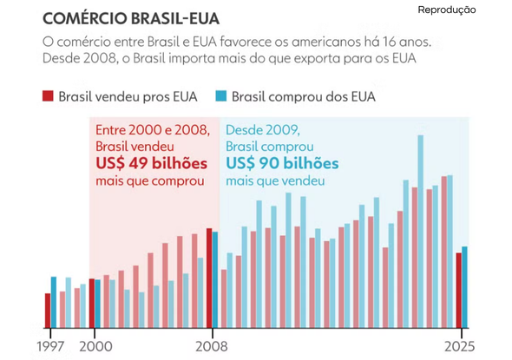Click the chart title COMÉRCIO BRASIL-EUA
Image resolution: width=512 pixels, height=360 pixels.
point(131,18)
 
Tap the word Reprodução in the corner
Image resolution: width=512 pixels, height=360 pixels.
point(447,10)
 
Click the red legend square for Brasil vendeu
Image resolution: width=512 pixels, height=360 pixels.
point(48,96)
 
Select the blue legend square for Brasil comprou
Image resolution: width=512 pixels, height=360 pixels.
point(221,96)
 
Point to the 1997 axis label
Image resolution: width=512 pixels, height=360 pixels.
point(50,347)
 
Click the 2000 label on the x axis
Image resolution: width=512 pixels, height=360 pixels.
point(95,347)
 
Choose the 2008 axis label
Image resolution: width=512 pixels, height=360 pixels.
point(211,347)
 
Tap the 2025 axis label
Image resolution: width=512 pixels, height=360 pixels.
point(459,347)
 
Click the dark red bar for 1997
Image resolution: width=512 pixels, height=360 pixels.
point(48,311)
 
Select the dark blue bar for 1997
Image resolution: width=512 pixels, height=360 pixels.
point(54,302)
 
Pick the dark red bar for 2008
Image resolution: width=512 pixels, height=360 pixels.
point(209,278)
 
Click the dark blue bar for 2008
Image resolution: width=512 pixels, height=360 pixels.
point(215,279)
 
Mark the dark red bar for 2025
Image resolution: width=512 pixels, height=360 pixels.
point(459,290)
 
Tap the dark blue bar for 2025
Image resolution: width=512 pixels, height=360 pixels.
point(464,287)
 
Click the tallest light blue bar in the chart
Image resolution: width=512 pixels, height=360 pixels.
point(421,232)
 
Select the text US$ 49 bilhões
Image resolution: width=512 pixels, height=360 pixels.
point(152,163)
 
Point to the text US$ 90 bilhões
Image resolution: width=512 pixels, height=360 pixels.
point(282,163)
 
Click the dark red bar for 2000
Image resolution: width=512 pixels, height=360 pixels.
point(92,304)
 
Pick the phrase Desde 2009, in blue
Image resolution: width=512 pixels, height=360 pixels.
point(263,130)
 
